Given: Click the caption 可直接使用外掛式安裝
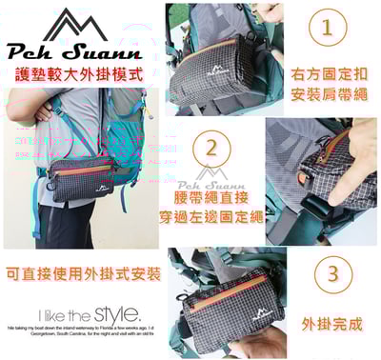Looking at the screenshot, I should [81, 274].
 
